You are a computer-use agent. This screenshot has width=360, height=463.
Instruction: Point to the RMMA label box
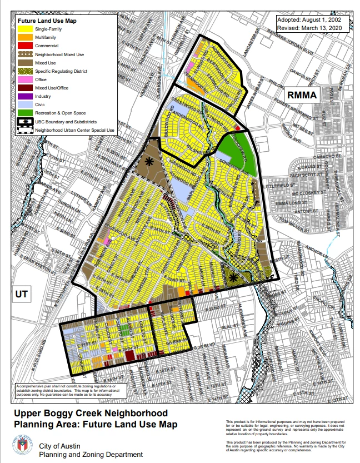click(x=302, y=96)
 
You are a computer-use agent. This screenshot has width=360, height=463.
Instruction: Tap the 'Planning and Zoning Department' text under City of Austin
click(x=91, y=454)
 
